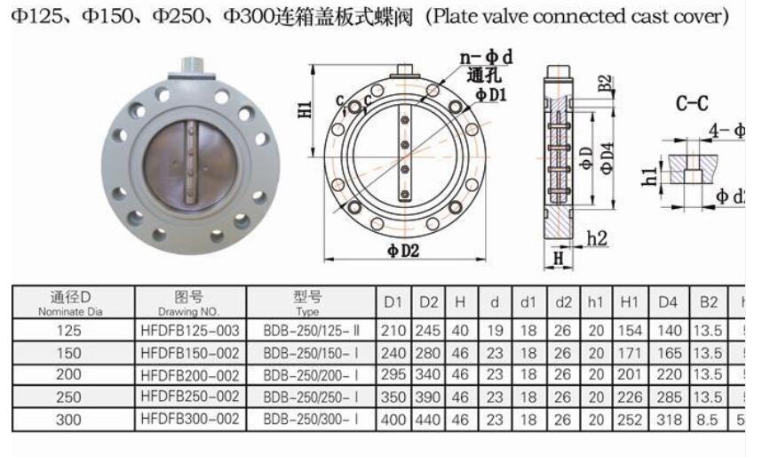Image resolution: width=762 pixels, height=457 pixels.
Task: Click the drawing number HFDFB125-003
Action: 190,330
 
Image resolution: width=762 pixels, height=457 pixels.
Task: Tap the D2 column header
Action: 429,302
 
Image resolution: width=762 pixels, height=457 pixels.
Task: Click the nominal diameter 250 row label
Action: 68,396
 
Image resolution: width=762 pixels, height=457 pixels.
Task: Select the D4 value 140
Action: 668,330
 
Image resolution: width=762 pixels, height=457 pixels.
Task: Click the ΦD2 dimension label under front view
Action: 401,251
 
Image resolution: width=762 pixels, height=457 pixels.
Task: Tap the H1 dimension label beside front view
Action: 306,110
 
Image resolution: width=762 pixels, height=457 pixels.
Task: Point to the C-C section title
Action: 692,104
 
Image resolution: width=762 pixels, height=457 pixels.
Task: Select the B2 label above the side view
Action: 605,85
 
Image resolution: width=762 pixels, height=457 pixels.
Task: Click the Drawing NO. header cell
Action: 190,302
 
